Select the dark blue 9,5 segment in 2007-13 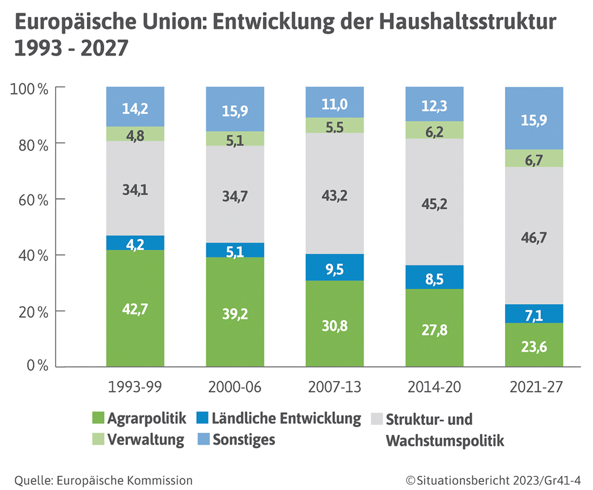tap(335, 267)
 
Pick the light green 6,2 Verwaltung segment tap(435, 130)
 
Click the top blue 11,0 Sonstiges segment tap(335, 102)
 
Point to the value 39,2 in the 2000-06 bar tap(235, 313)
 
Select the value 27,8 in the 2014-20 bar tap(435, 329)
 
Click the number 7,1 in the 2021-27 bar tap(535, 314)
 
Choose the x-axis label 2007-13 tap(335, 387)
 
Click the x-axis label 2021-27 tap(535, 387)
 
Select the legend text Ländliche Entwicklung tap(287, 419)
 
